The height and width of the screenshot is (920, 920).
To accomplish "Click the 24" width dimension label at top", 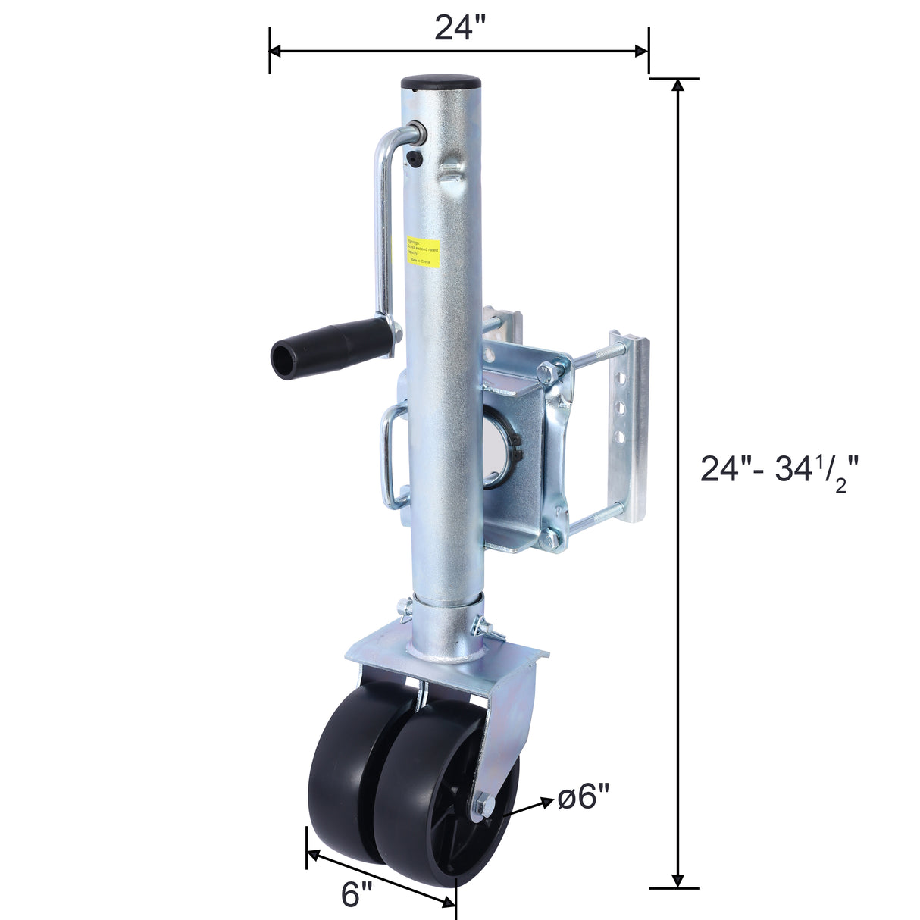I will point(458,27).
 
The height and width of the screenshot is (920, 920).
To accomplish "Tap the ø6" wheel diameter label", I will point(583,796).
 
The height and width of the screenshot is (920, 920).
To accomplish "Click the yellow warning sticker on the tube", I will point(423,250).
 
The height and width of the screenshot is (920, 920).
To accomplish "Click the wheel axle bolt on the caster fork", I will point(482,807).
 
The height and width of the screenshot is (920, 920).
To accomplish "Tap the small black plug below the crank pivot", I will point(414,158).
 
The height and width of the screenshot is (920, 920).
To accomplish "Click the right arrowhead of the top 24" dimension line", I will point(643,51).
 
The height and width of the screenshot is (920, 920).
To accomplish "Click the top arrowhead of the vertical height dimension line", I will point(678,84).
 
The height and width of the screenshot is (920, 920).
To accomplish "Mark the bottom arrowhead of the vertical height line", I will point(678,881).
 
